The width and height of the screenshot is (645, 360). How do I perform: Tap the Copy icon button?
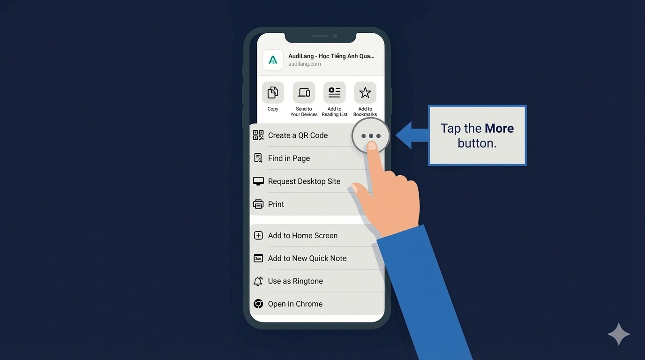point(273,92)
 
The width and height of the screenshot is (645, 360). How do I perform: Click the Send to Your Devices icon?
point(304,92)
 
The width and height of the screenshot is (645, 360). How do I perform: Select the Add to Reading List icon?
point(334,92)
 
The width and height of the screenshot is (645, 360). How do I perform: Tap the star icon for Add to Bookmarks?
point(365,92)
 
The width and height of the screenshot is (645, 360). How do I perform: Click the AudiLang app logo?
point(273,60)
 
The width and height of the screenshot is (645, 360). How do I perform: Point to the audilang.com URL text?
point(304,64)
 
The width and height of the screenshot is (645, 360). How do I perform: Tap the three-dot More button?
point(371,135)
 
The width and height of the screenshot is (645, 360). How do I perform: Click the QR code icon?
point(258,135)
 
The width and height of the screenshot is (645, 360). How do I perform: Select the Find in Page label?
point(289,158)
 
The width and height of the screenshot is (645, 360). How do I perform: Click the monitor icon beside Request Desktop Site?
point(258,181)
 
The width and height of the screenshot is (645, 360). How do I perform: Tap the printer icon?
point(258,204)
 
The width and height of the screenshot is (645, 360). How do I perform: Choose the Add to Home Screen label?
point(303,236)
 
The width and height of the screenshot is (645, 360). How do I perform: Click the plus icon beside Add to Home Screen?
point(258,235)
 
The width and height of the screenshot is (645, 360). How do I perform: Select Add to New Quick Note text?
point(307,258)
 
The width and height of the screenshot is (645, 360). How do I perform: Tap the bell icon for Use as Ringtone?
point(258,281)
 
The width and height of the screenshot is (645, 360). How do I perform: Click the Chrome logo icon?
point(258,304)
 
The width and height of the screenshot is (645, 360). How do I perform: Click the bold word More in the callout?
point(499,128)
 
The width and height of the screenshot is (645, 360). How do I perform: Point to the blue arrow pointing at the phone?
point(412,135)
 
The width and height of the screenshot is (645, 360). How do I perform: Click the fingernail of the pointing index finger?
point(372,146)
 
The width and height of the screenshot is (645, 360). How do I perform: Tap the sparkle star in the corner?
point(619,334)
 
